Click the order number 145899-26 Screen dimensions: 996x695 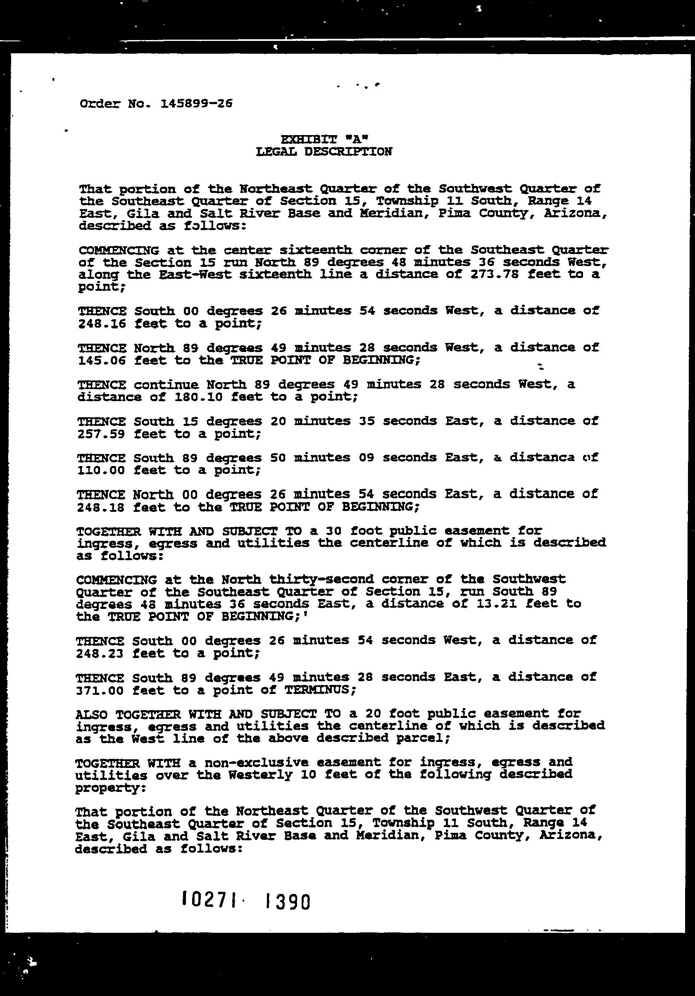[196, 104]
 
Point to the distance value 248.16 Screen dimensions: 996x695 [102, 323]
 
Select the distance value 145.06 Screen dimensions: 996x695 [102, 361]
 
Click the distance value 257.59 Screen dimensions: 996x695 [102, 434]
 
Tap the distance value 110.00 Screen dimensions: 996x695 [102, 470]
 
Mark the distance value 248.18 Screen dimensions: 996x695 [102, 507]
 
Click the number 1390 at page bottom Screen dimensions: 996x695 [287, 901]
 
